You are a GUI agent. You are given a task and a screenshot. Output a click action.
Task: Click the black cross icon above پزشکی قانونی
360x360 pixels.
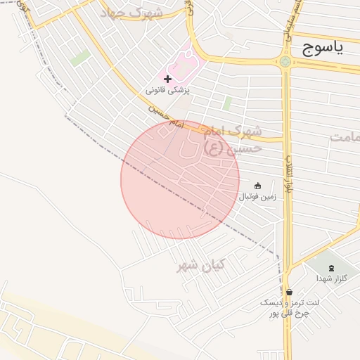click(167, 78)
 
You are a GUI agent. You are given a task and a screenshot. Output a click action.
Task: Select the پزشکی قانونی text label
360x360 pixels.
click(168, 90)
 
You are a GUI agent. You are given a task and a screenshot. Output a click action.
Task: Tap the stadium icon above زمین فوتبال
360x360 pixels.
click(257, 186)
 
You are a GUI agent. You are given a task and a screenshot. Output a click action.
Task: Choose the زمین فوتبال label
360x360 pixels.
click(257, 197)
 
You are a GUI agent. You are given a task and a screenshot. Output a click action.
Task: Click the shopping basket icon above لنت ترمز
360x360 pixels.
click(289, 292)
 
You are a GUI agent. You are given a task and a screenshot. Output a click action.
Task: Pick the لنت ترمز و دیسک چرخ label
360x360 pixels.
click(290, 307)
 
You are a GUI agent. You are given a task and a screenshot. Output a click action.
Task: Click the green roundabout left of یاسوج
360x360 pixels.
click(285, 62)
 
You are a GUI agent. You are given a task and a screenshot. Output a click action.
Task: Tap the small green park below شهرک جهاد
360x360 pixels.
click(80, 58)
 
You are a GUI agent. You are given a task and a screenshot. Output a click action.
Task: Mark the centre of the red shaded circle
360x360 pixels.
click(180, 179)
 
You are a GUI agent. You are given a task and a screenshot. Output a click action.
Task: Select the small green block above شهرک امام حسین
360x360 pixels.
click(227, 103)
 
